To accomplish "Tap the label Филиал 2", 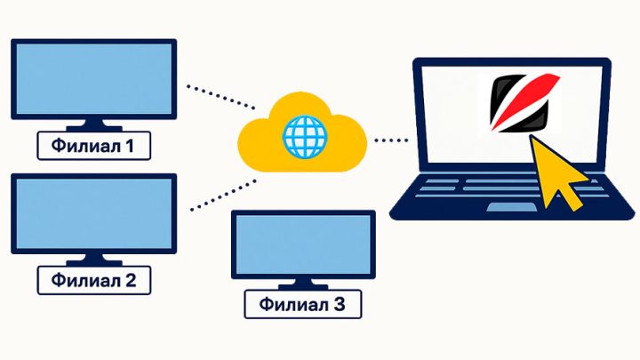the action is (x=94, y=280).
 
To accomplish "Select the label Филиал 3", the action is (x=303, y=304).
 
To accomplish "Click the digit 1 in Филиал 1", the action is (x=130, y=146).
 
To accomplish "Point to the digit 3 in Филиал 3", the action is (x=340, y=304).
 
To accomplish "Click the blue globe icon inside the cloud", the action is (x=305, y=137).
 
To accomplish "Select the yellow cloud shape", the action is (x=302, y=132).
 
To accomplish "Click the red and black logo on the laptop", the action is (x=524, y=103).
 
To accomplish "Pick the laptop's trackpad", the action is (x=511, y=207).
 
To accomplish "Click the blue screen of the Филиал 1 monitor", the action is (x=94, y=79).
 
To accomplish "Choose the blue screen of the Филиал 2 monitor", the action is (x=94, y=213).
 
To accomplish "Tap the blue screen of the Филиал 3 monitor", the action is (x=303, y=244).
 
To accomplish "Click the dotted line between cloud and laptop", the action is (x=391, y=140).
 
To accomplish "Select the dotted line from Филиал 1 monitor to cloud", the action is (x=220, y=97).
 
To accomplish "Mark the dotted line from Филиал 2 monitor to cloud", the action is (x=223, y=195).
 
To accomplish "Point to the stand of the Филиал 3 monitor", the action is (x=303, y=284).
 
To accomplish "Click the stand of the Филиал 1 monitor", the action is (x=94, y=125).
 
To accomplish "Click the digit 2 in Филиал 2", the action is (x=130, y=280).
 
